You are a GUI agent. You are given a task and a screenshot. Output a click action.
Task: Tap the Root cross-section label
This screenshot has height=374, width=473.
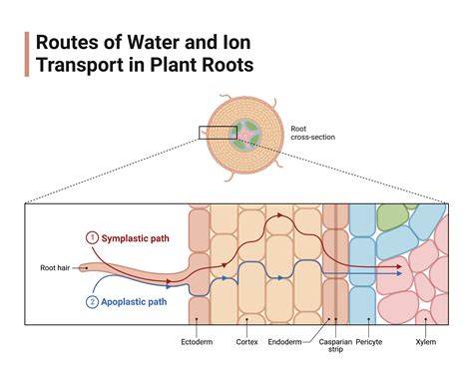310,133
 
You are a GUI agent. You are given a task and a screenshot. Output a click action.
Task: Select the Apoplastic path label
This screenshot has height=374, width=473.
141,302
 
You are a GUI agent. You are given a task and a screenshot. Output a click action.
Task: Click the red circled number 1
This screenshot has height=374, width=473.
93,237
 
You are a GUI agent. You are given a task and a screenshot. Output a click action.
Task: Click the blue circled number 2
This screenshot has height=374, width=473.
93,302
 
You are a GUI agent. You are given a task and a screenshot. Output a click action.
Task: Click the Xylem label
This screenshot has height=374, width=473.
426,342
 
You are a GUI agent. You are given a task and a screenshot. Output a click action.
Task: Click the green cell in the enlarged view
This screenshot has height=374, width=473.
391,217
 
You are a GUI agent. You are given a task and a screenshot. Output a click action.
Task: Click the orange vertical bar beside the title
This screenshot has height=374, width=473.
26,53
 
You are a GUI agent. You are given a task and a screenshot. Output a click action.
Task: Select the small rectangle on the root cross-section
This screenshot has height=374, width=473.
216,133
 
